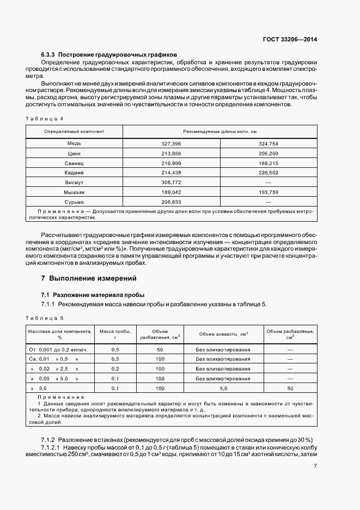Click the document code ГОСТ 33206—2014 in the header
click(x=291, y=40)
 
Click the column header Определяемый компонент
click(x=74, y=132)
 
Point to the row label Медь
click(x=74, y=143)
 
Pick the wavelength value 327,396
click(x=171, y=143)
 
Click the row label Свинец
click(x=74, y=163)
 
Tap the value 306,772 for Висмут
click(x=171, y=183)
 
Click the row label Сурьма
click(x=74, y=202)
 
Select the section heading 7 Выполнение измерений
click(x=89, y=278)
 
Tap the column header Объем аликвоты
click(x=223, y=333)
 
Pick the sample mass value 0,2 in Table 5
click(x=115, y=369)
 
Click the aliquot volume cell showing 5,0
click(x=223, y=388)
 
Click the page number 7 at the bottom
click(x=315, y=466)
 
